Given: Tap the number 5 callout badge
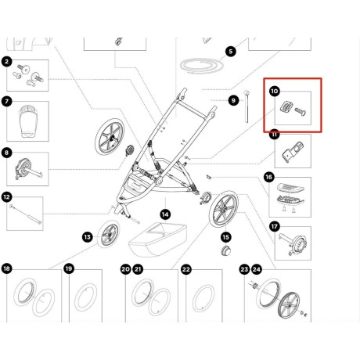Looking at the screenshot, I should (x=230, y=52).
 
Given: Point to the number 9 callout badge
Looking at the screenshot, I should (x=233, y=99).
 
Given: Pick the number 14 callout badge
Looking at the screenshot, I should (x=165, y=213).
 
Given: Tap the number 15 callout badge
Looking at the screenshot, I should (x=226, y=236).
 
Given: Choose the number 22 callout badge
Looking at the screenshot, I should (x=186, y=269).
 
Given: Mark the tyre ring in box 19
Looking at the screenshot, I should (x=86, y=301).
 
